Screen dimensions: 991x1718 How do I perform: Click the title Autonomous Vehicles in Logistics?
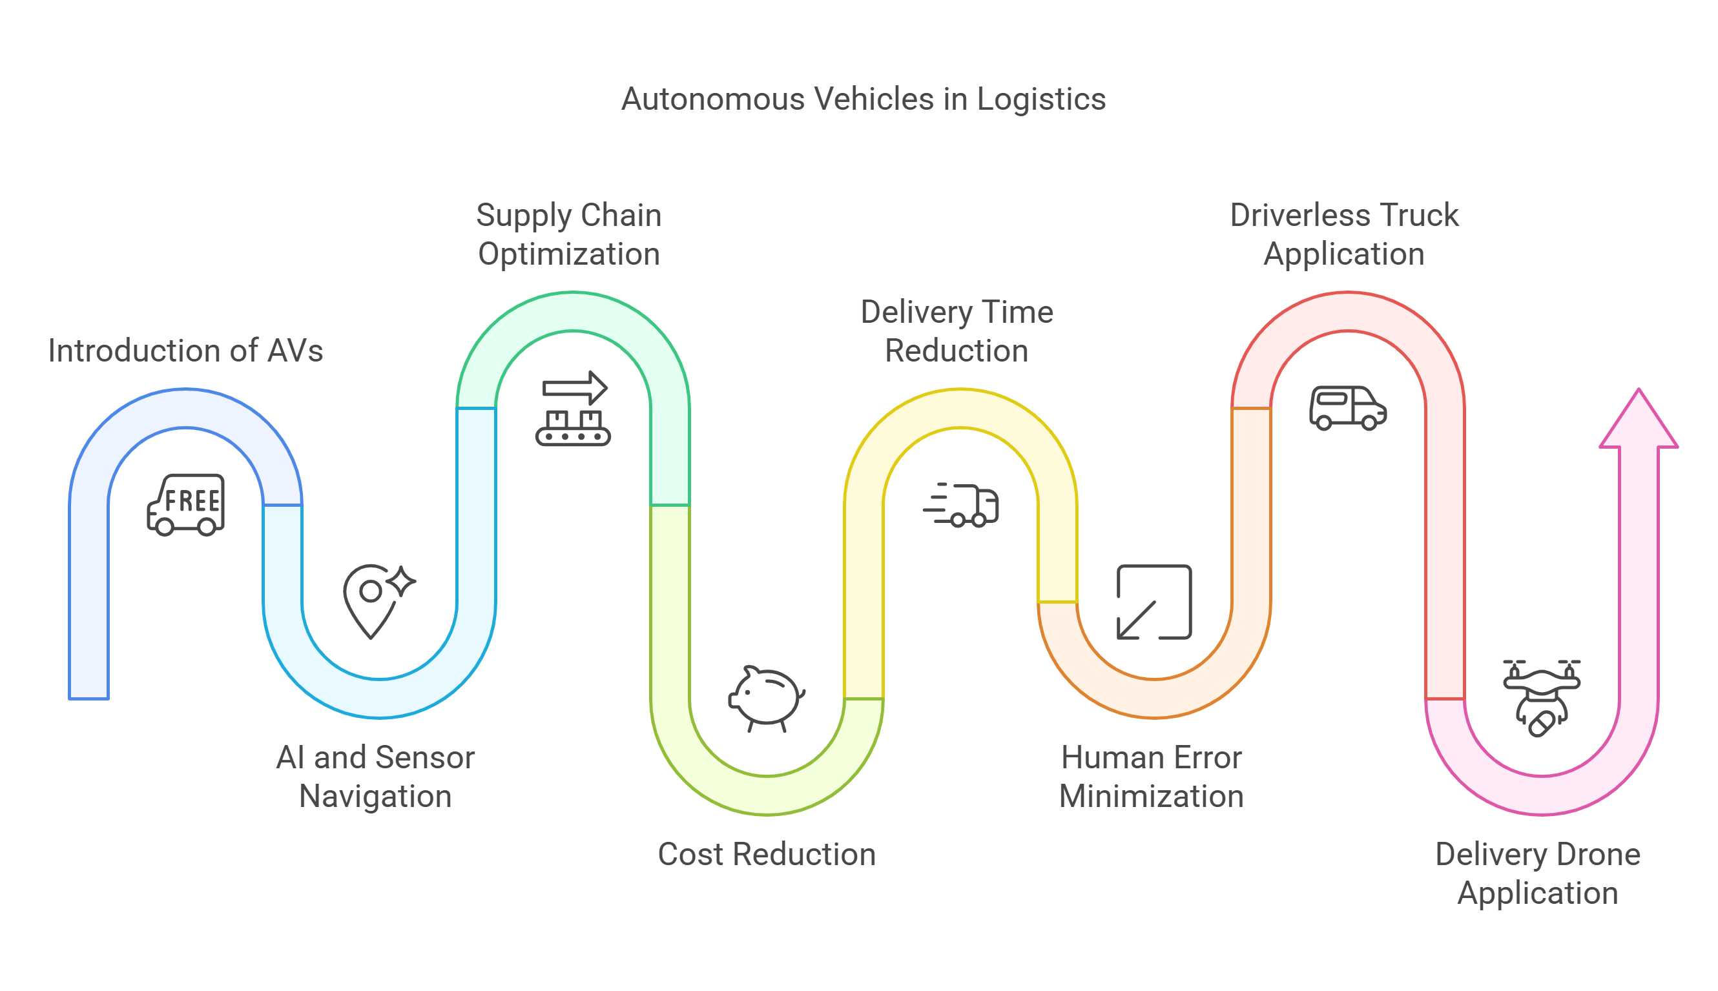pos(863,99)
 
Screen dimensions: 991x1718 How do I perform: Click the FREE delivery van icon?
pos(186,505)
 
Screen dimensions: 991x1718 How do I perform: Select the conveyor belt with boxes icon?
pos(573,409)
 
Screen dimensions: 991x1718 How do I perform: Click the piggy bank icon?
pos(766,699)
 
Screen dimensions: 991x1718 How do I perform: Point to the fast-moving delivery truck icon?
pos(961,505)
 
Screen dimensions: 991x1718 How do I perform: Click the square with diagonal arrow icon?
pos(1154,602)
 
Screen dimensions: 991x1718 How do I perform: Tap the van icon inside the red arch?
pos(1347,408)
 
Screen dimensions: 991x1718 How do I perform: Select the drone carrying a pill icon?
pos(1541,698)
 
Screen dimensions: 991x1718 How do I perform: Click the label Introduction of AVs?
pos(185,351)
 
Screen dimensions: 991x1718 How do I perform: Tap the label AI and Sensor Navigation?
pos(375,777)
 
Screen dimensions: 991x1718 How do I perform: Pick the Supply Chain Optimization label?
pos(568,234)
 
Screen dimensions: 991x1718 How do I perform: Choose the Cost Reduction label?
pos(766,854)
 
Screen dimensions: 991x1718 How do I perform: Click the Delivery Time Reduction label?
pos(956,331)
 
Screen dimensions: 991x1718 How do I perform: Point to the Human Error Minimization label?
pos(1151,777)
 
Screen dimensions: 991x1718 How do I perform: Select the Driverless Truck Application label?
pos(1343,234)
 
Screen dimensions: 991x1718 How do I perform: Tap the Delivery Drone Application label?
pos(1537,874)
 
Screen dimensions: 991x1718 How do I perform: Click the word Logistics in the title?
pos(1040,99)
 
